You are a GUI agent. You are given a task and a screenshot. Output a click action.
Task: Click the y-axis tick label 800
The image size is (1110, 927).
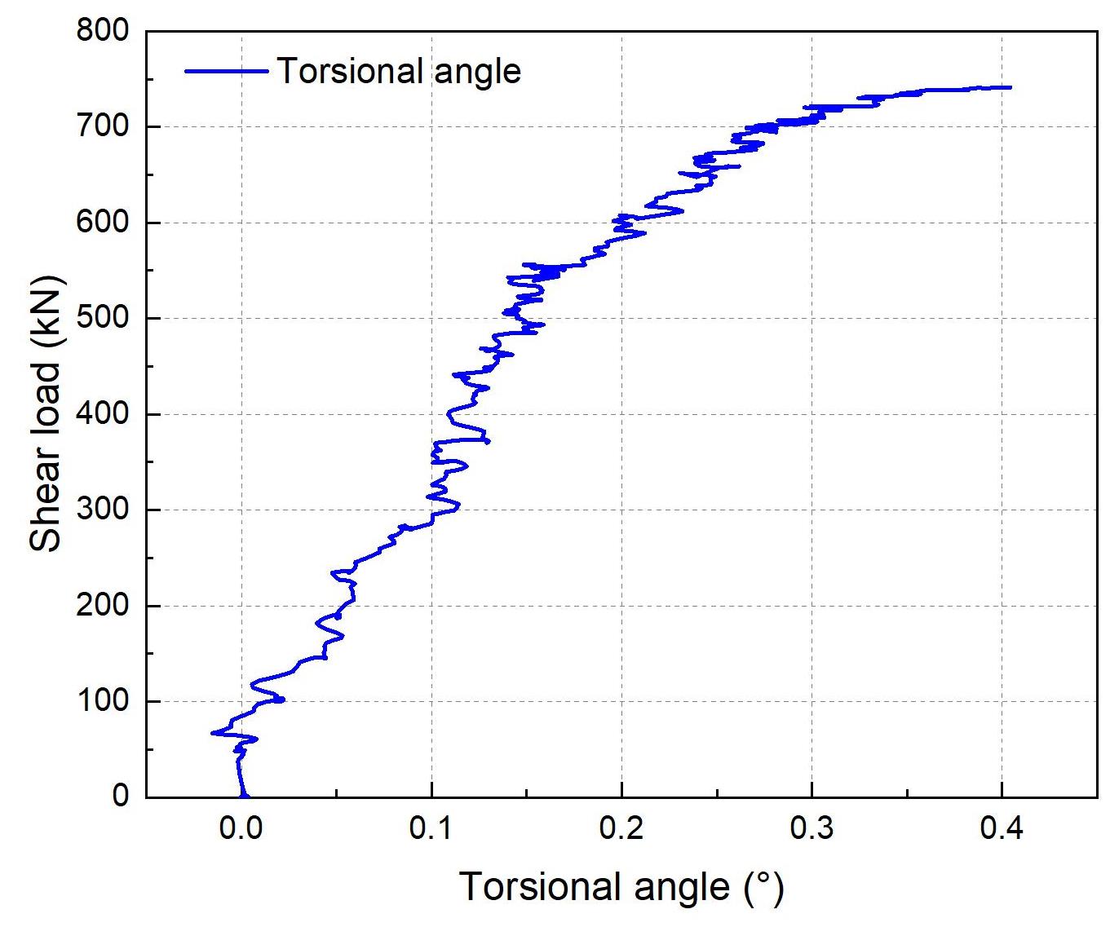(x=103, y=31)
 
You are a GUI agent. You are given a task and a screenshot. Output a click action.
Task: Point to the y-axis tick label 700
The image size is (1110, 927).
(x=103, y=126)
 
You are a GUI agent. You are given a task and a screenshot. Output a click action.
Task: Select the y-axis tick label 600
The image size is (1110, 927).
(x=103, y=223)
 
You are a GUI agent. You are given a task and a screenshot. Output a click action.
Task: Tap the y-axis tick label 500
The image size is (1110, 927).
(x=103, y=318)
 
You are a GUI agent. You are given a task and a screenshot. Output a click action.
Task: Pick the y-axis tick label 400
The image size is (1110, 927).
(x=103, y=414)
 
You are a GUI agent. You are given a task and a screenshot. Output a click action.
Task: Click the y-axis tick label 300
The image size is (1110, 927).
(x=103, y=510)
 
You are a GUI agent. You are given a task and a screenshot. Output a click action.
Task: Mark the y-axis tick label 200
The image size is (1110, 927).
(x=103, y=606)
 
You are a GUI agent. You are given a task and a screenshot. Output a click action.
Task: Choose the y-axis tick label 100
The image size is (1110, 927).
(x=103, y=701)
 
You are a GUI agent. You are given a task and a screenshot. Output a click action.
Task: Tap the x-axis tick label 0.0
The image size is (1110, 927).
(x=241, y=830)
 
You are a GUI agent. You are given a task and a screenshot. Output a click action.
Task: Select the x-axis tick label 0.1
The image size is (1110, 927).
(x=431, y=830)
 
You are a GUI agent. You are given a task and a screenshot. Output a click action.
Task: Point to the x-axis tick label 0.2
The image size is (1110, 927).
(x=621, y=830)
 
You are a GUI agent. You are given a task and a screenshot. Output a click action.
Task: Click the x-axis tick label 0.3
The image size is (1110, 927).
(x=812, y=830)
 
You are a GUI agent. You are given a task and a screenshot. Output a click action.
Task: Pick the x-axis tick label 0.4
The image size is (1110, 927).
(x=1002, y=830)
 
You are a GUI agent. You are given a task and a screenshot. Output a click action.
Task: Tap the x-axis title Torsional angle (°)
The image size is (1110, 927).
(x=621, y=887)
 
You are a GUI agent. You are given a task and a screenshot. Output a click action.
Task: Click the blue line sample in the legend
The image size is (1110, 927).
(x=226, y=71)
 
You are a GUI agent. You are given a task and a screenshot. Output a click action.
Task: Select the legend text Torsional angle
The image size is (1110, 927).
(x=399, y=71)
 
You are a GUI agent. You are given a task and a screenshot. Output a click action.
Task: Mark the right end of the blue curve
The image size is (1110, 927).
(x=1010, y=87)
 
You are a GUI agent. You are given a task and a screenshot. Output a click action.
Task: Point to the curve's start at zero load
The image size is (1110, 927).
(x=244, y=796)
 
